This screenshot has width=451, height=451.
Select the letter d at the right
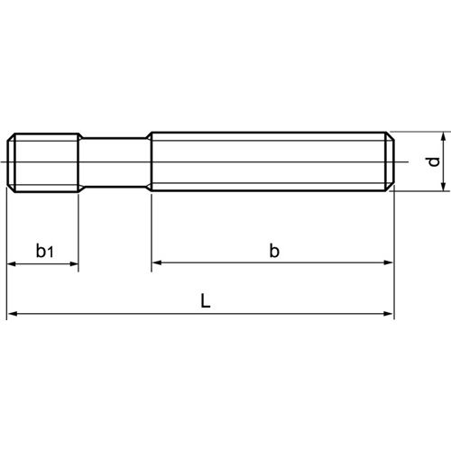[x=433, y=162]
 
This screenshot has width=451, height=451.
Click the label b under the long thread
[x=273, y=252]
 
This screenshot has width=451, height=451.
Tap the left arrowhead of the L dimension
[x=13, y=315]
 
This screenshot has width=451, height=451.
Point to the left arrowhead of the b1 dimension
[x=13, y=264]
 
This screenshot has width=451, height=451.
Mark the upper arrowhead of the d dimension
[x=443, y=137]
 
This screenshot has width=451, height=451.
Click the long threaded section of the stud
[x=271, y=162]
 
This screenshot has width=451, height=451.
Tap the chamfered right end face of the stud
[x=392, y=162]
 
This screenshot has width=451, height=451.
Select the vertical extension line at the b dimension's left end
[x=151, y=235]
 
